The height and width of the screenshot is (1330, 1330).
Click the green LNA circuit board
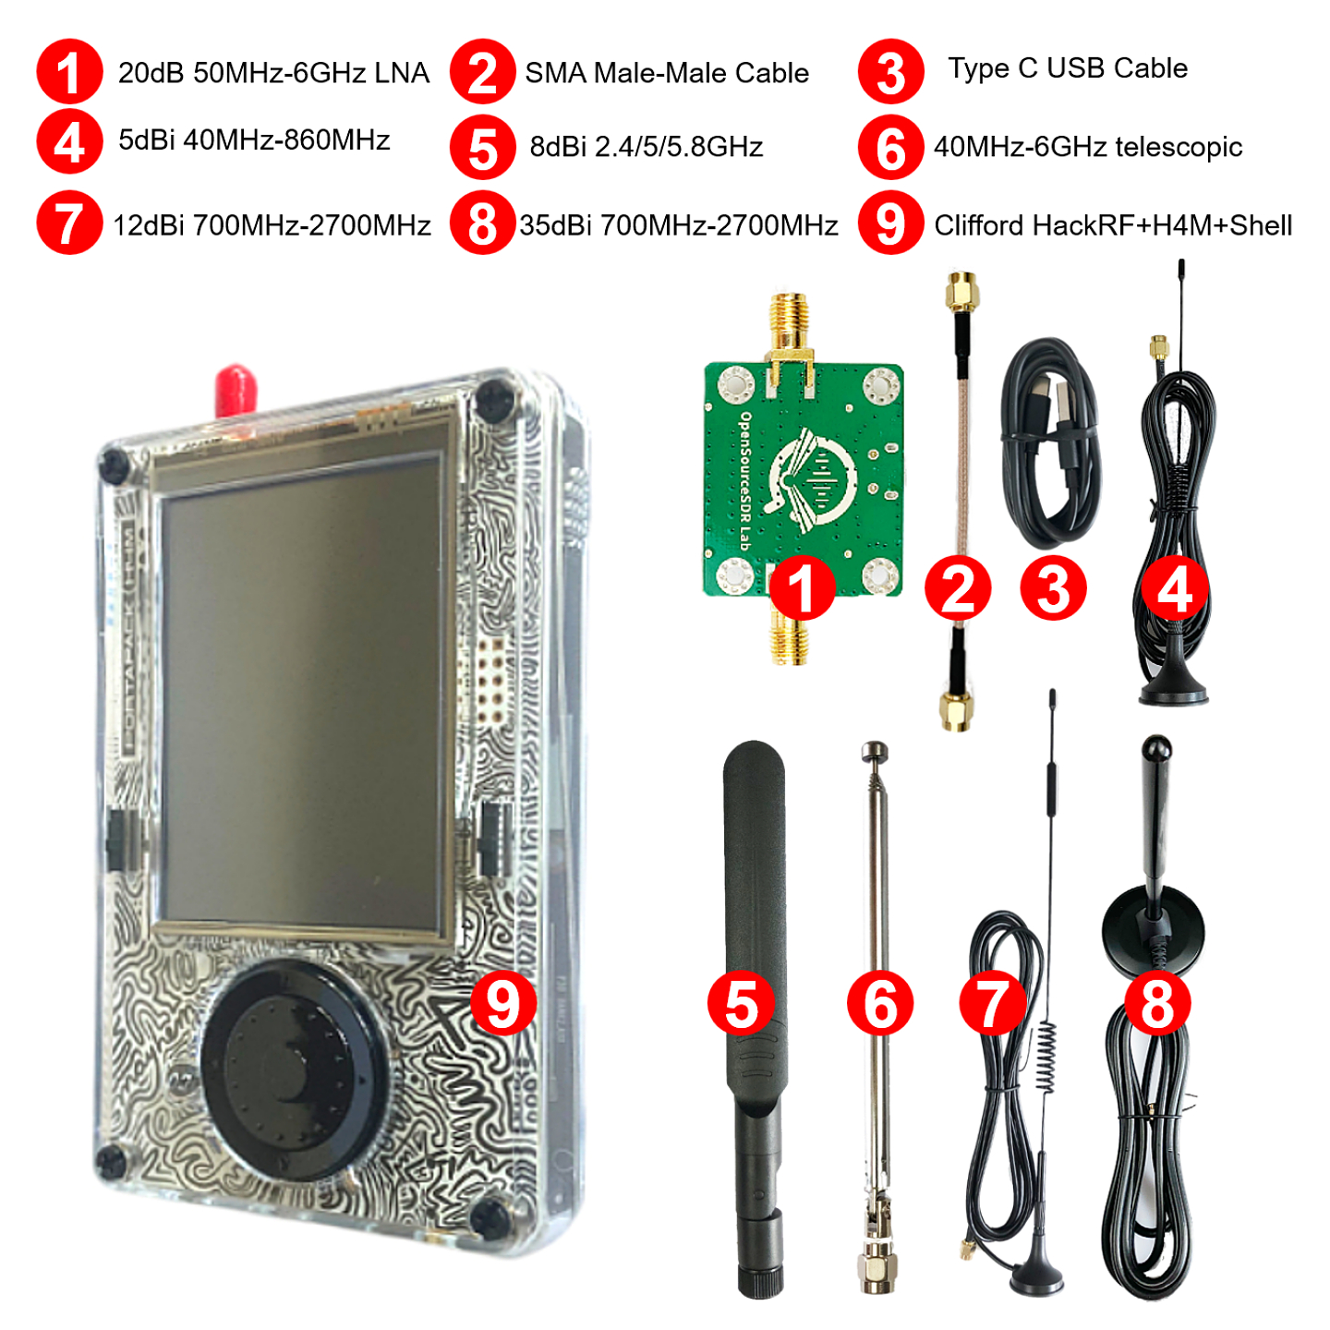tap(804, 462)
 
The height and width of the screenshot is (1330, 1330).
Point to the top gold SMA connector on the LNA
tap(789, 319)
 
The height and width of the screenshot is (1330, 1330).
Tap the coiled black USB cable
tap(1051, 443)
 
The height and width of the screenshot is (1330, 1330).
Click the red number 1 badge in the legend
tap(69, 72)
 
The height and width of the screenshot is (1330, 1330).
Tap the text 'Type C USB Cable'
tap(1067, 68)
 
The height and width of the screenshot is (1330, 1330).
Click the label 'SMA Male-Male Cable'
tap(666, 73)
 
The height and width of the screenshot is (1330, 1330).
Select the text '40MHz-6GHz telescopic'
tap(1087, 147)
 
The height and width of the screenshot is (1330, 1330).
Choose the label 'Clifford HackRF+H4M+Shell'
tap(1112, 225)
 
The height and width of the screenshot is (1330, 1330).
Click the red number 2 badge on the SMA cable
tap(958, 588)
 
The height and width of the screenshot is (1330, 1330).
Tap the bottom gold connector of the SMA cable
tap(957, 711)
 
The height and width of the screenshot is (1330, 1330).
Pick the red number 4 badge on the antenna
tap(1174, 588)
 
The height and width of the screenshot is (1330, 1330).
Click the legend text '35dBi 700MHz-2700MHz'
tap(678, 225)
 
